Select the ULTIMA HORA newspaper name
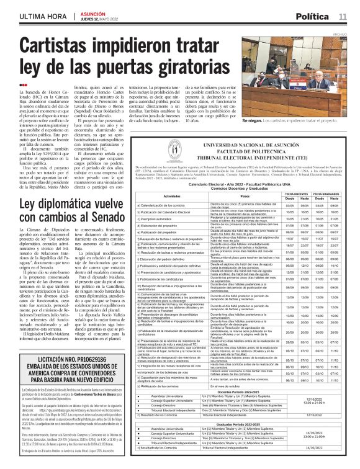coord(41,15)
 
